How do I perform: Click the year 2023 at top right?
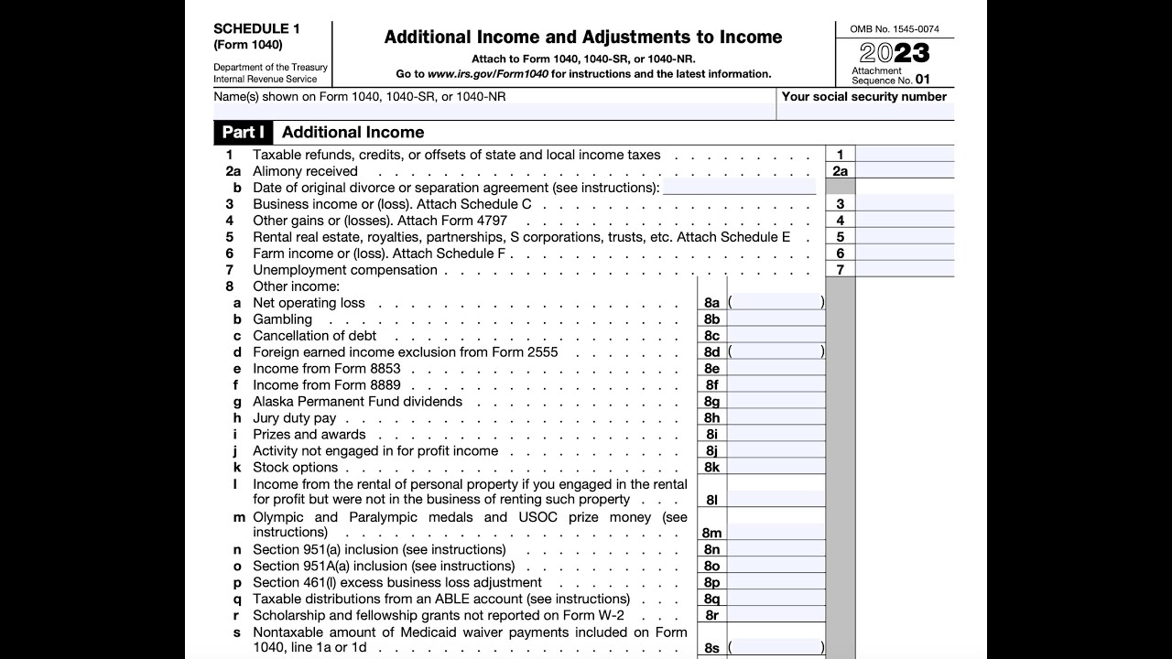[895, 53]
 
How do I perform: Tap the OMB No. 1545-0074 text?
[894, 29]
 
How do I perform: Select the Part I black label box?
[243, 132]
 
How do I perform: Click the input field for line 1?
[904, 155]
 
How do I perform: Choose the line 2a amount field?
[904, 171]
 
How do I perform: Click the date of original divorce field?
[739, 188]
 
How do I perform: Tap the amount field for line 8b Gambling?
[776, 319]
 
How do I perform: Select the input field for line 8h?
[776, 418]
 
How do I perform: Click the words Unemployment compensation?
[344, 270]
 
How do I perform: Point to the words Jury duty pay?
[294, 418]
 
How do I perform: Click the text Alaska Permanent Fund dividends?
[357, 402]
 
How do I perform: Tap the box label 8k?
[711, 468]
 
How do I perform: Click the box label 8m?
[711, 533]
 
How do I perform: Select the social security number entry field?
[864, 113]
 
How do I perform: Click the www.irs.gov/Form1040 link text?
[487, 74]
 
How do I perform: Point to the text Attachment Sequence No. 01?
[890, 75]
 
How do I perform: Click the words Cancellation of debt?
[314, 336]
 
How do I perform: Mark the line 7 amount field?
[904, 270]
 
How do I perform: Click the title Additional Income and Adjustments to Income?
[583, 38]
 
